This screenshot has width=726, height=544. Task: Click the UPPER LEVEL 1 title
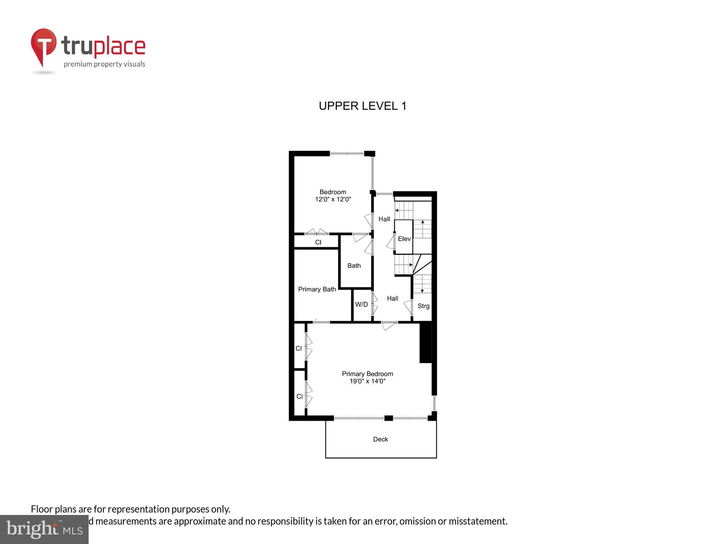click(x=362, y=106)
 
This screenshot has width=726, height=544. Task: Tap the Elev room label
click(x=404, y=239)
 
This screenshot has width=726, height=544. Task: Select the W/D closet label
click(x=361, y=304)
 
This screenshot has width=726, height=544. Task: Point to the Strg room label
click(x=423, y=306)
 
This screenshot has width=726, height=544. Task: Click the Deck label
click(x=380, y=439)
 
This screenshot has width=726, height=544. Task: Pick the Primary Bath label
click(x=317, y=289)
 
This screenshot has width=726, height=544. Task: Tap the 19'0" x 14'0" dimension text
click(x=367, y=381)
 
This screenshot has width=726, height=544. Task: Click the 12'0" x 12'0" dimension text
click(x=333, y=199)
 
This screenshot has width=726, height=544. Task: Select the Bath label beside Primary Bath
click(x=354, y=266)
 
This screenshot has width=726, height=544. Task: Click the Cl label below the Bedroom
click(x=318, y=242)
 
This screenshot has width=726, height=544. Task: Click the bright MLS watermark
click(x=44, y=529)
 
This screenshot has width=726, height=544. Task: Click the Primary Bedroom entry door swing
click(x=389, y=325)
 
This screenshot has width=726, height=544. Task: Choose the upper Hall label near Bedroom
click(x=384, y=219)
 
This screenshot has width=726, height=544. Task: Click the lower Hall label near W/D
click(x=392, y=299)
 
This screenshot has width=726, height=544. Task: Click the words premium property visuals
click(x=104, y=64)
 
